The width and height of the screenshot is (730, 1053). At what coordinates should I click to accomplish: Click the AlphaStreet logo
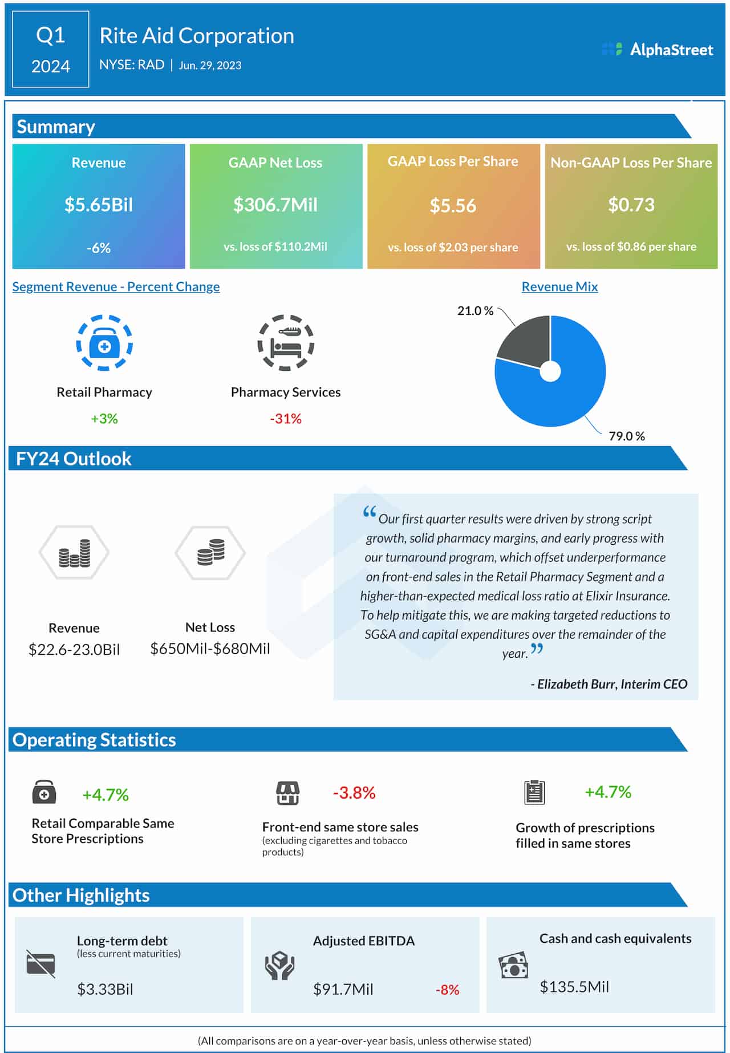pos(658,50)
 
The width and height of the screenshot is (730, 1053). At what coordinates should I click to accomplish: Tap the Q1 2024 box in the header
pos(51,50)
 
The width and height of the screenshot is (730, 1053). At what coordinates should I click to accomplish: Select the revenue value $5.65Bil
pos(98,205)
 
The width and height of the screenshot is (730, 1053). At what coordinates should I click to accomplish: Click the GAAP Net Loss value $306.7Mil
pos(275,205)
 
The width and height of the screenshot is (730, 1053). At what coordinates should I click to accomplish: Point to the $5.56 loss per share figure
pos(453,206)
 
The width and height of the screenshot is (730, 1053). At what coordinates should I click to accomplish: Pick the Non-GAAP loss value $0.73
pos(631,205)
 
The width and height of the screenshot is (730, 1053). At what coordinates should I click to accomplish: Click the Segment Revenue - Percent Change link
pos(116,287)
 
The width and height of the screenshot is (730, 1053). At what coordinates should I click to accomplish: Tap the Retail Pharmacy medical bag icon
pos(104,343)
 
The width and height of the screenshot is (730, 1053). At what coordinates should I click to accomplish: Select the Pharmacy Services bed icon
pos(286,343)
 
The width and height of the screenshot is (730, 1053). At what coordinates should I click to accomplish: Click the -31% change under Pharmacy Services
pos(286,419)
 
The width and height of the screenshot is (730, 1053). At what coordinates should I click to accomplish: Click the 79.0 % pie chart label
pos(626,436)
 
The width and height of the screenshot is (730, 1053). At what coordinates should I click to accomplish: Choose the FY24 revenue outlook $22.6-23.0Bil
pos(74,649)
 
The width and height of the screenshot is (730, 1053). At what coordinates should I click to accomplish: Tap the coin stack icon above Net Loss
pos(210,552)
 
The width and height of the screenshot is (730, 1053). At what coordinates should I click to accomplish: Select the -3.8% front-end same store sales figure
pos(354,793)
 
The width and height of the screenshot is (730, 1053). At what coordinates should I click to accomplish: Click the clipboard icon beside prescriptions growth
pos(534,792)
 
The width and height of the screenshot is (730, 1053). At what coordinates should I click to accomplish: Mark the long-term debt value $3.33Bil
pos(105,989)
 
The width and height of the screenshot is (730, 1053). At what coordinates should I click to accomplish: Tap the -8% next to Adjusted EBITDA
pos(447,990)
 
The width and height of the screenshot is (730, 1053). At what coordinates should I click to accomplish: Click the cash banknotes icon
pos(513,965)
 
